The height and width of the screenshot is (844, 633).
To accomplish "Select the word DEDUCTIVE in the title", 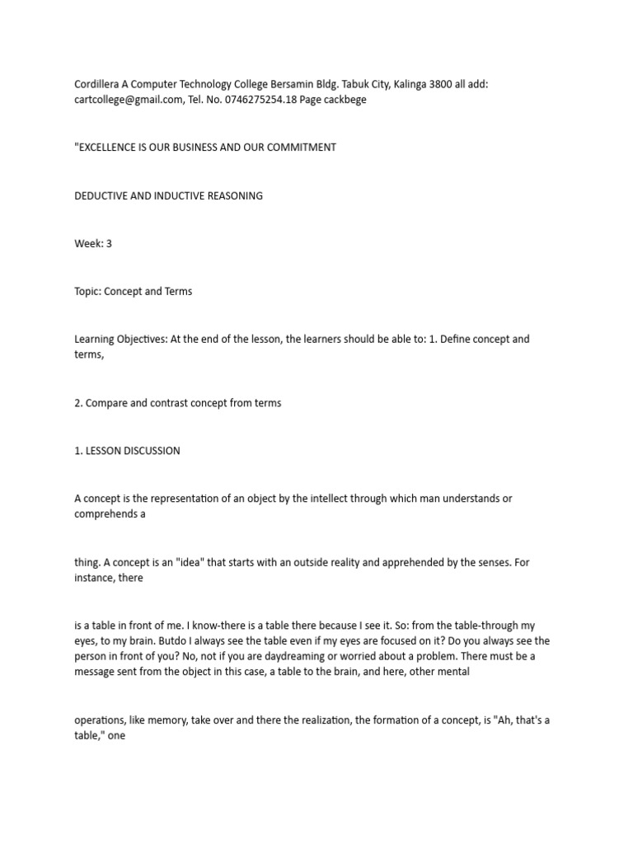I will pyautogui.click(x=102, y=196).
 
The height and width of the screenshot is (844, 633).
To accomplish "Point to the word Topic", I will pyautogui.click(x=88, y=292).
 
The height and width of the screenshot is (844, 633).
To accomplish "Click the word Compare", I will pyautogui.click(x=105, y=403).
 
